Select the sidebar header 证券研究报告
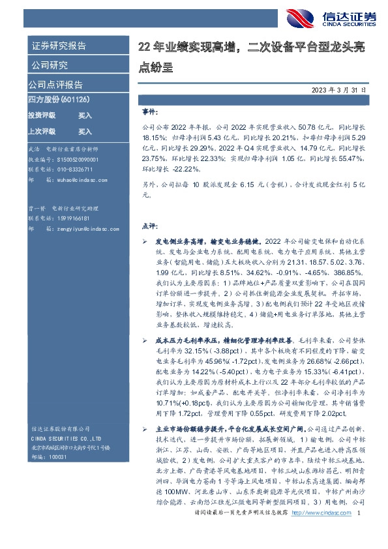click(59, 46)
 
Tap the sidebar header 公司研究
click(50, 65)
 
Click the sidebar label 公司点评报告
click(55, 85)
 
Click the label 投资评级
click(42, 115)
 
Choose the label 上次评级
click(42, 130)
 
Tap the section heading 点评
click(149, 226)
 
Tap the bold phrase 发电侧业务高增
click(177, 241)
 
